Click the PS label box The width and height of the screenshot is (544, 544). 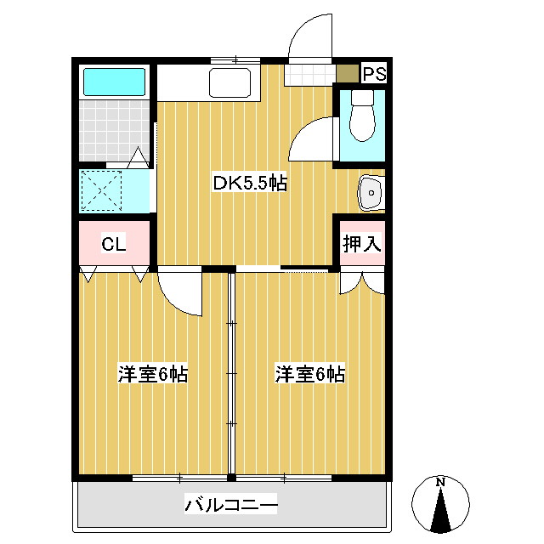(x=375, y=74)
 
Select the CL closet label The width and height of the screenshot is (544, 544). (x=114, y=245)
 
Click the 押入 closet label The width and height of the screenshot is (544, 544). (x=362, y=243)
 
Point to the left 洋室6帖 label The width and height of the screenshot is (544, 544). (x=153, y=373)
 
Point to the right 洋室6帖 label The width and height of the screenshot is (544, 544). (x=309, y=373)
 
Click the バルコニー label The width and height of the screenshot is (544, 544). (x=231, y=506)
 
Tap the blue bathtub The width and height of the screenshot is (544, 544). (x=114, y=82)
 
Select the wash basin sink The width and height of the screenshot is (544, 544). (x=371, y=193)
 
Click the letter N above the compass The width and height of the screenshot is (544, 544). (x=440, y=483)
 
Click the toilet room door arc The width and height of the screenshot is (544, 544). (x=312, y=138)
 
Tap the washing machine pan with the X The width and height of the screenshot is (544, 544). (x=103, y=190)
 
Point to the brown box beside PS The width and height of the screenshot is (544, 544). (x=347, y=73)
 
